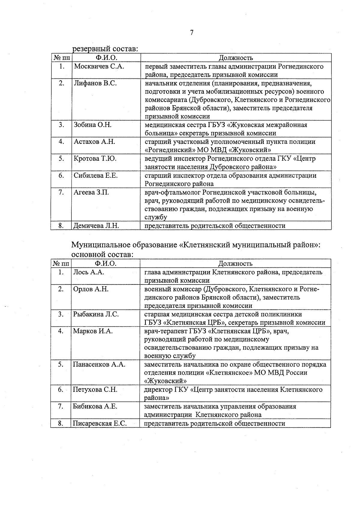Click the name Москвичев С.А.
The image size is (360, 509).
pos(99,67)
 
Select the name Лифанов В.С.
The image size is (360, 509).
pos(95,83)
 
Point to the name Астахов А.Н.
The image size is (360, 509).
pos(94,142)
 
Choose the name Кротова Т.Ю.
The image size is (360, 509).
pos(95,159)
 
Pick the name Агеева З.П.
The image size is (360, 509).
pos(91,192)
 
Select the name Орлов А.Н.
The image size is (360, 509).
pos(91,289)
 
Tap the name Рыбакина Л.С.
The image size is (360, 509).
pos(96,314)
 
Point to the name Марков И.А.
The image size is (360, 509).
pos(93,331)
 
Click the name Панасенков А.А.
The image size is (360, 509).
pos(99,365)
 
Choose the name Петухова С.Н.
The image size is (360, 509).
pos(95,390)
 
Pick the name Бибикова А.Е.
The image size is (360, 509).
pos(95,406)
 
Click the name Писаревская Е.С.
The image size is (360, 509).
pos(100,424)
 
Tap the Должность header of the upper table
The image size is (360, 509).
pos(235,58)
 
